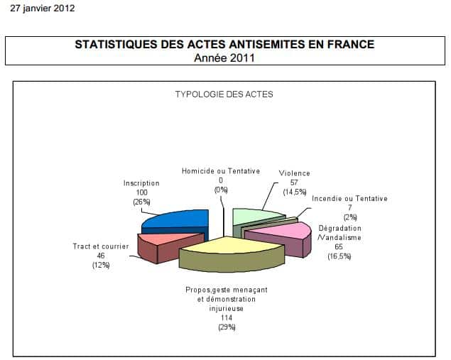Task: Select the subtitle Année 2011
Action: pos(224,58)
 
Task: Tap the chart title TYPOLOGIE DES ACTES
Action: pos(224,94)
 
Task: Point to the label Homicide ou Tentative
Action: pos(220,171)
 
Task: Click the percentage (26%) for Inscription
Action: pos(141,202)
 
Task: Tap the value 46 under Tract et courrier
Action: pos(100,256)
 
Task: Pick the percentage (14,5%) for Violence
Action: pos(294,192)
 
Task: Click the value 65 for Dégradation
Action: pos(339,247)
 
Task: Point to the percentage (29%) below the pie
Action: pos(227,327)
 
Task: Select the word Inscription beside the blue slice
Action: pos(141,183)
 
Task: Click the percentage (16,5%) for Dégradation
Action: pos(339,256)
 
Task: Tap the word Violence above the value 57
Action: pos(294,173)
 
